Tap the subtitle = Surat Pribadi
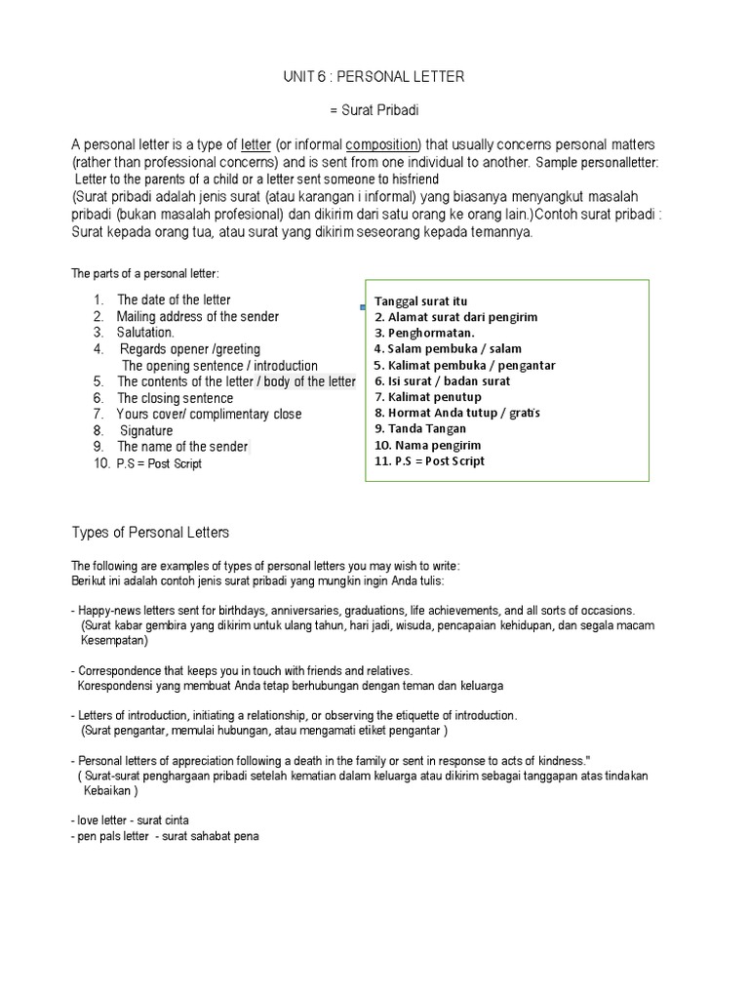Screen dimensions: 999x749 coord(374,111)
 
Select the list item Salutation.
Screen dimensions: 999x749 coord(145,333)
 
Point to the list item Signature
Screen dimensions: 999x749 coord(146,430)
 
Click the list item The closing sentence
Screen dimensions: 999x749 coord(175,398)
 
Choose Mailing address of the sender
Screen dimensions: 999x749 coord(197,316)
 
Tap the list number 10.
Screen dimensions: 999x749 coord(101,463)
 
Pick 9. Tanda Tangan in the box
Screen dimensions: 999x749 coord(419,428)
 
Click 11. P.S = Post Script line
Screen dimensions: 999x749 coord(429,460)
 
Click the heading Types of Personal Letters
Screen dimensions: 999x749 coord(150,533)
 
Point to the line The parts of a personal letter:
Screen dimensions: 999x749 coord(144,272)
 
